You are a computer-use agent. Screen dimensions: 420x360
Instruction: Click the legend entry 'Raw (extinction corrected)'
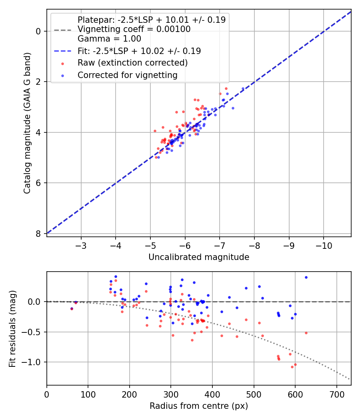pos(132,63)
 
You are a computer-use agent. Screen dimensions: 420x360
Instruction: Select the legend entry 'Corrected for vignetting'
pos(128,75)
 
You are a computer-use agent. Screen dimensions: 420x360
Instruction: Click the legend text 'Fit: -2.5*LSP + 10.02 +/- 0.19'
pos(139,51)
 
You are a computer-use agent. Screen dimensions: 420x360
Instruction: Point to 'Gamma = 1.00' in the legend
pos(109,39)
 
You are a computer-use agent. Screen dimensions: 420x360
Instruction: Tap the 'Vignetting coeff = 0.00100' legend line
pos(134,29)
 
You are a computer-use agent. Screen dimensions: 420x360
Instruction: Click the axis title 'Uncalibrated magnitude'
pos(199,257)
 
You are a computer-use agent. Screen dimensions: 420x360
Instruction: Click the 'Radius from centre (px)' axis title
pos(199,406)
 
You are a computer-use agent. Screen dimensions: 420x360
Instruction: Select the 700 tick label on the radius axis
pos(336,394)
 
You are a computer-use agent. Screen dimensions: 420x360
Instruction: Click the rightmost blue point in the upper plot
pos(243,89)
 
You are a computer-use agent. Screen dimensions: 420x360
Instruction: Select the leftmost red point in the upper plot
pos(155,131)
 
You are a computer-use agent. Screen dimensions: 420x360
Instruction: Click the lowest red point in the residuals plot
pos(292,367)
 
